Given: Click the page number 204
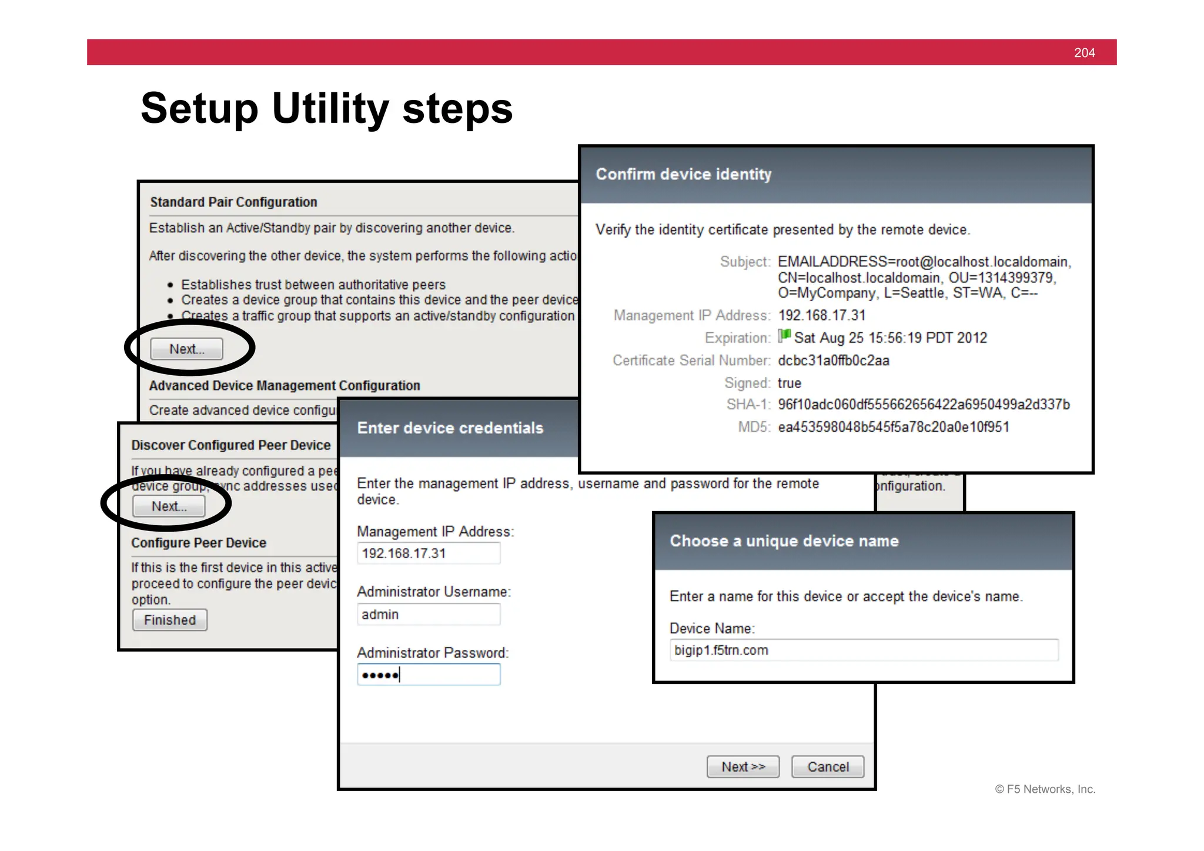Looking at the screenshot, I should (1084, 53).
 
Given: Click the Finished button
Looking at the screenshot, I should (170, 620).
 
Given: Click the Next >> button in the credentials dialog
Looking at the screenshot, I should (743, 767).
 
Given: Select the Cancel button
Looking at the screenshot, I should (827, 767).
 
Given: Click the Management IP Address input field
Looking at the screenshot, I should (429, 553).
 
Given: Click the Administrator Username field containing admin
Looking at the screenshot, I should (429, 615).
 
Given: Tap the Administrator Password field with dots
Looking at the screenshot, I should (429, 675).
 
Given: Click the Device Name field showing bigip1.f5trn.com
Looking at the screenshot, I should (863, 650).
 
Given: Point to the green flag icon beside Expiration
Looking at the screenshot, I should (784, 336).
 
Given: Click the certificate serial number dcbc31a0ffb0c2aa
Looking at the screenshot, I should (833, 361).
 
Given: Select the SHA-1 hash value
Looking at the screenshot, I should (923, 405).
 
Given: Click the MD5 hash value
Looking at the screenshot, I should (893, 427).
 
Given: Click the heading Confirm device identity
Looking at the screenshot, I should (683, 175).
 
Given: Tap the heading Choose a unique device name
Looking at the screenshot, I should (784, 541).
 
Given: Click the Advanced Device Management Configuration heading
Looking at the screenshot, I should (285, 386).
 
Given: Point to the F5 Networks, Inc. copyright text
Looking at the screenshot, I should (1045, 789).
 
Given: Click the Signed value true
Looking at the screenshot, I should (789, 383).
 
